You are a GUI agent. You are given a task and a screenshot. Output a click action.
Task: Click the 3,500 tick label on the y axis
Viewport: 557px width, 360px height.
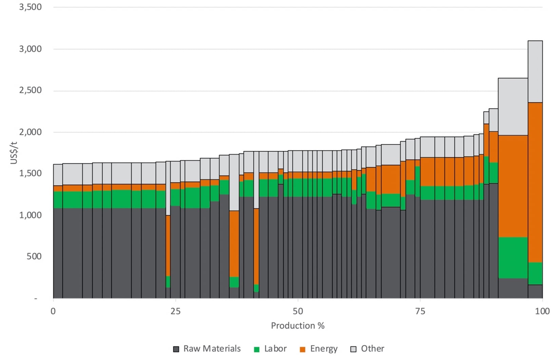click(x=30, y=7)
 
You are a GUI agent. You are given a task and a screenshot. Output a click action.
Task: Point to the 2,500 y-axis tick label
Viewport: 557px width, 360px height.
click(x=30, y=91)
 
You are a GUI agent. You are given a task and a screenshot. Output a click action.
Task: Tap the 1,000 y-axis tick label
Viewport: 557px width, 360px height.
click(x=30, y=215)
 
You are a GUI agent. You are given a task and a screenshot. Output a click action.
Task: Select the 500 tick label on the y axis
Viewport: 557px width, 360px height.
click(x=34, y=256)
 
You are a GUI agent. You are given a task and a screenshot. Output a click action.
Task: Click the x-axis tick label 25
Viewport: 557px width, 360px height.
click(x=175, y=311)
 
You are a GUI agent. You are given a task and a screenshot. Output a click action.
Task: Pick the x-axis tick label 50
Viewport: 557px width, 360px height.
click(x=297, y=311)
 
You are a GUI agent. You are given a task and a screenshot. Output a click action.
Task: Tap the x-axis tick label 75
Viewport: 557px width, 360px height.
click(x=420, y=311)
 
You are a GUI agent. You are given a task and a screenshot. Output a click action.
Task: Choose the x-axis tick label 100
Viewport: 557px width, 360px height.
click(x=542, y=311)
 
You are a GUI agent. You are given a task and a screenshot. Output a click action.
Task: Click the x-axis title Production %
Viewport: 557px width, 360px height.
click(x=297, y=326)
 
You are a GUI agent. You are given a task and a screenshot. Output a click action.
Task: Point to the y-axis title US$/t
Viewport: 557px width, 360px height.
click(x=14, y=153)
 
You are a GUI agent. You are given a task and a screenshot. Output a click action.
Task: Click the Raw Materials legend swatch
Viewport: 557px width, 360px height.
click(x=176, y=349)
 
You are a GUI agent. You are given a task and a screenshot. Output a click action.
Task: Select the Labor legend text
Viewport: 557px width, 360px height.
click(x=275, y=349)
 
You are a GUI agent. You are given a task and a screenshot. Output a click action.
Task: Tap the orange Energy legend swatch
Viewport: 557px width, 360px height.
click(x=303, y=349)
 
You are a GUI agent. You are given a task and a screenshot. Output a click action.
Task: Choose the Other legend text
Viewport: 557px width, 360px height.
click(x=372, y=349)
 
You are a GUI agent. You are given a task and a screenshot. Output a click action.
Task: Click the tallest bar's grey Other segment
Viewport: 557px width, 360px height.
click(x=535, y=71)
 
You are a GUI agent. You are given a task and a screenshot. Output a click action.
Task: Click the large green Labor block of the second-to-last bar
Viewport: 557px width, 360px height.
click(x=513, y=258)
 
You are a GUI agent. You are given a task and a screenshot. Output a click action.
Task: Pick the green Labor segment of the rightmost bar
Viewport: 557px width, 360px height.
click(x=535, y=273)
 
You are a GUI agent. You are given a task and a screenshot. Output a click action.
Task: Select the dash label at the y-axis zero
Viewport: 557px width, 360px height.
click(x=36, y=299)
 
